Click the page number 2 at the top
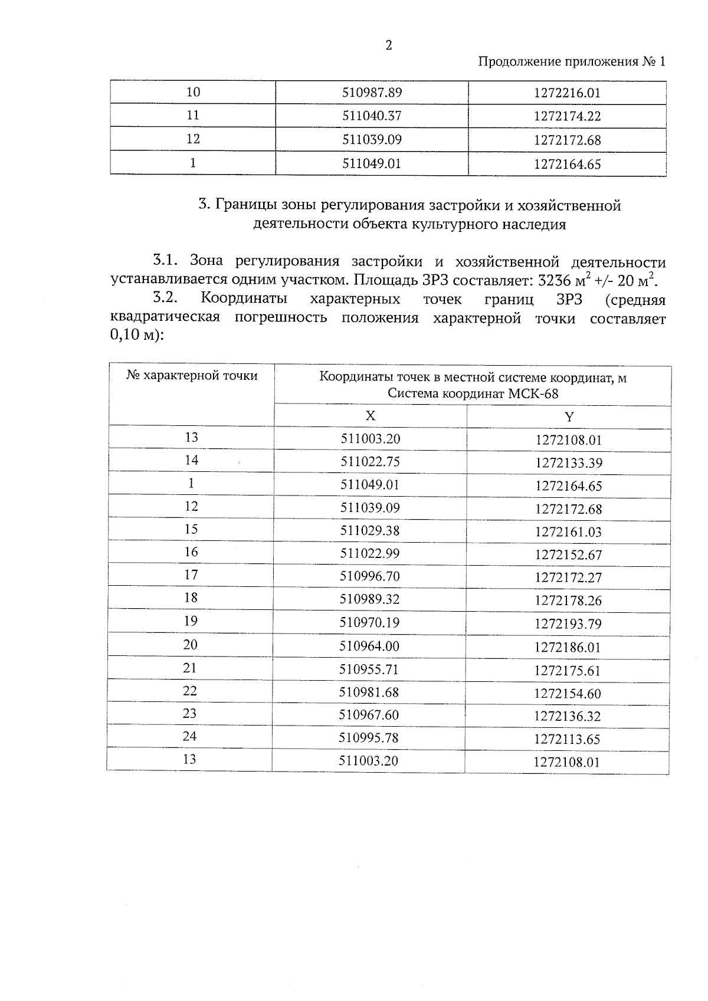(388, 46)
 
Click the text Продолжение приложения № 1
(571, 62)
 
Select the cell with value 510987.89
(372, 93)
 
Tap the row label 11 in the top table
(193, 116)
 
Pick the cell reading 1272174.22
(567, 117)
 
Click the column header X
(370, 416)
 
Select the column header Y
(568, 417)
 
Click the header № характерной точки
(192, 376)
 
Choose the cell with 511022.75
(370, 462)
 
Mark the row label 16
(191, 552)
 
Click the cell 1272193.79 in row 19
(568, 624)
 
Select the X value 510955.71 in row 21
(369, 669)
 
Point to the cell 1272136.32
(567, 717)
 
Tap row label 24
(189, 736)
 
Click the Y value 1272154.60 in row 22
(567, 694)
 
